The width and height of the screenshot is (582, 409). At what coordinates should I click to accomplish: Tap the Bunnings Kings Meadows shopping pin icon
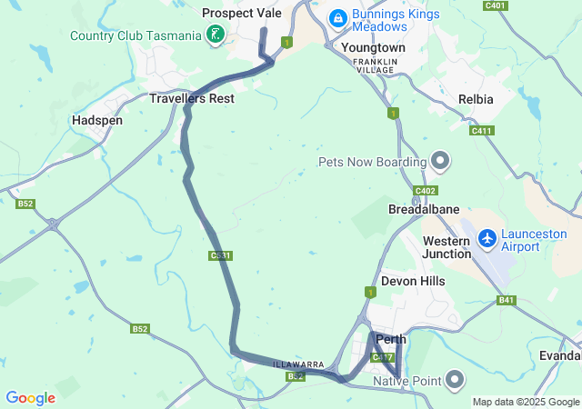tap(337, 17)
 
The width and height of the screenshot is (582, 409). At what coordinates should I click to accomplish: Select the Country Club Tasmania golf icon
tap(215, 35)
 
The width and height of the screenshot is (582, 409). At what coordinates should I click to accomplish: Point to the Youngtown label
tap(373, 46)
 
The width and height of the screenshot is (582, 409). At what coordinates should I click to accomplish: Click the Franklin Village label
tap(376, 65)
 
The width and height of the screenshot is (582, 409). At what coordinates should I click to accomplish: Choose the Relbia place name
tap(477, 98)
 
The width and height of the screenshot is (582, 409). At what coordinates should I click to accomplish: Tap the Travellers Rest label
tap(192, 98)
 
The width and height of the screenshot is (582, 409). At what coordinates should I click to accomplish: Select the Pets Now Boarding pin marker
tap(440, 162)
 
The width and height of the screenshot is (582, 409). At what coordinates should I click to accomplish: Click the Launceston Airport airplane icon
tap(487, 238)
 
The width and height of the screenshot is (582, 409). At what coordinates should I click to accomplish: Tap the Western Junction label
tap(447, 247)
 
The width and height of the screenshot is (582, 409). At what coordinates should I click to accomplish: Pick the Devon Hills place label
tap(413, 282)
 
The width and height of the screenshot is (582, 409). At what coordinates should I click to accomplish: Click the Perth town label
tap(391, 340)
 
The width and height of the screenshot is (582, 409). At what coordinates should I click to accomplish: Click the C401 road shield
tap(496, 5)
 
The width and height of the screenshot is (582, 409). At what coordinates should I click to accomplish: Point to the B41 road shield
tap(507, 300)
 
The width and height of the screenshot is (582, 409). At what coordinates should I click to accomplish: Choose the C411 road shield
tap(481, 131)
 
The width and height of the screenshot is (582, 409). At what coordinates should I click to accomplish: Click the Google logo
tap(31, 398)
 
